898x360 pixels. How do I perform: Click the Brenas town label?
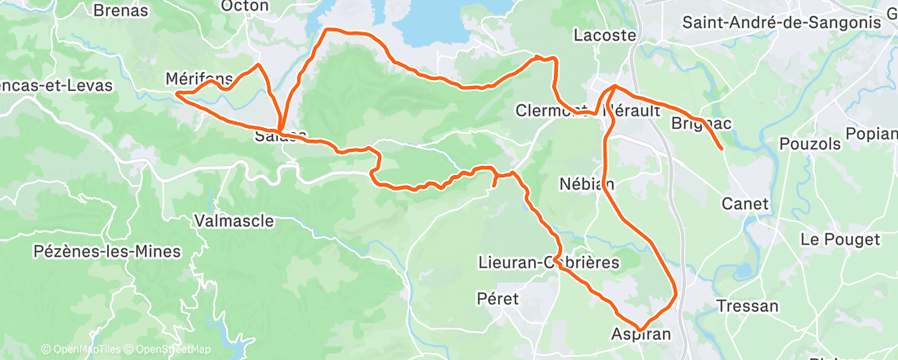click(x=121, y=11)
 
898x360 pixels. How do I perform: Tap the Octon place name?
click(x=245, y=6)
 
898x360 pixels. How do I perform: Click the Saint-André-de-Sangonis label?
click(x=782, y=22)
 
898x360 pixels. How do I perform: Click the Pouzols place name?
click(x=810, y=144)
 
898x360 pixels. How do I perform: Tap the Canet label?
click(x=744, y=203)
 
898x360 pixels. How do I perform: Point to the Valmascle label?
click(x=229, y=220)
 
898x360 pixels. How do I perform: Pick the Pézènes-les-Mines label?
click(x=106, y=251)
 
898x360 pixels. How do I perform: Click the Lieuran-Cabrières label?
click(x=549, y=262)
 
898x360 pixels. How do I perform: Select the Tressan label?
click(x=747, y=306)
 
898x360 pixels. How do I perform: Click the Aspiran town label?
click(x=641, y=334)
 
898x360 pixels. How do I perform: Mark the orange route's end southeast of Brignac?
click(x=723, y=149)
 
